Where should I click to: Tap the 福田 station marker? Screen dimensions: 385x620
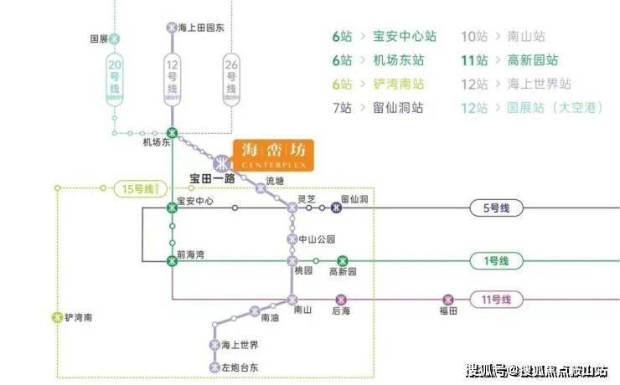pyautogui.click(x=448, y=300)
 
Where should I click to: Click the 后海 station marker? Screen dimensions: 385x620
pyautogui.click(x=341, y=300)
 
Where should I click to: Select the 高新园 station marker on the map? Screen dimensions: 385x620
pyautogui.click(x=342, y=261)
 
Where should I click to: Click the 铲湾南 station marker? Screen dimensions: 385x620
pyautogui.click(x=57, y=317)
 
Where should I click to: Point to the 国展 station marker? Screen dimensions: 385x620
pyautogui.click(x=115, y=38)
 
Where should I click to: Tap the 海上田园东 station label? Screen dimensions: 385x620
pyautogui.click(x=201, y=27)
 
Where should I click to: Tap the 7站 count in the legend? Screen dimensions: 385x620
pyautogui.click(x=343, y=108)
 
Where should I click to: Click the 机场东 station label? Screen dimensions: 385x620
pyautogui.click(x=158, y=143)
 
